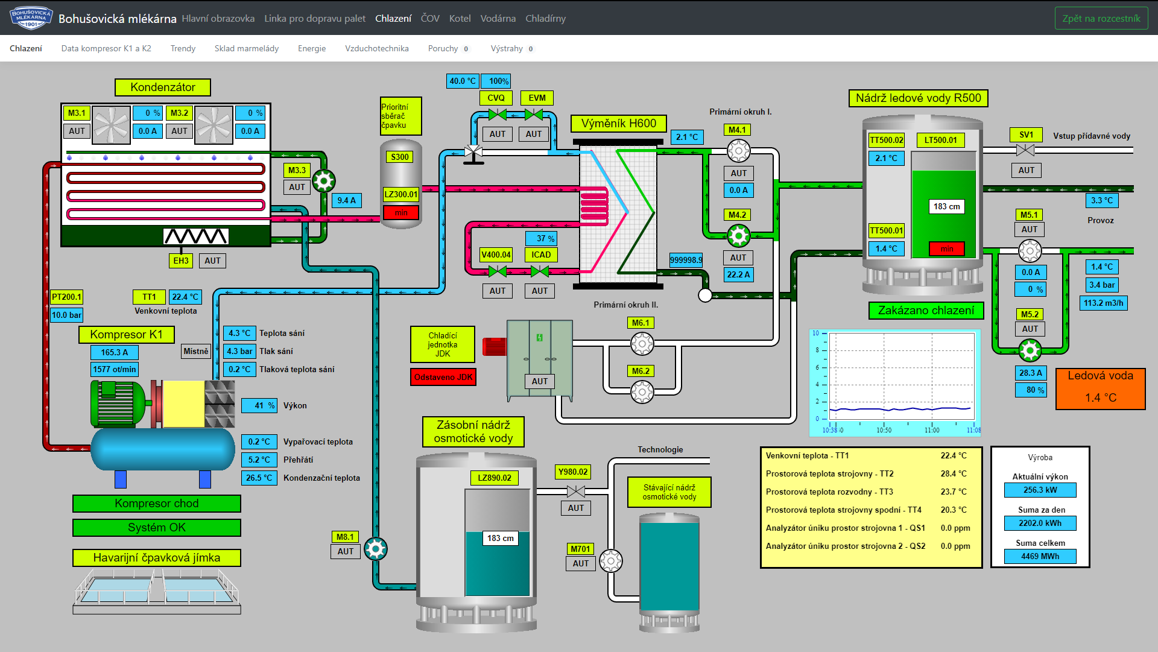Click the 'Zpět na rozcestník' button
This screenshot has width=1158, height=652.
tap(1101, 18)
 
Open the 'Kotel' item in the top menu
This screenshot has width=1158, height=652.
tap(460, 18)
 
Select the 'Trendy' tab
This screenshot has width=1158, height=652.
tap(183, 48)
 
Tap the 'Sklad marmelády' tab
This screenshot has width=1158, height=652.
tap(247, 48)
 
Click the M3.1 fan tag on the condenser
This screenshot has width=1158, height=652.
tap(77, 113)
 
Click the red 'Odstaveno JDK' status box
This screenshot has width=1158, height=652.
tap(443, 377)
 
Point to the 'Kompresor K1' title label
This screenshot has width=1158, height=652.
tap(127, 334)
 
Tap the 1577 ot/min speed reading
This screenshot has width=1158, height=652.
tap(115, 369)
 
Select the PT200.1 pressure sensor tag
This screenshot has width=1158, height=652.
tap(66, 297)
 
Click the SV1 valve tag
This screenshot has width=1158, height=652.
tap(1026, 135)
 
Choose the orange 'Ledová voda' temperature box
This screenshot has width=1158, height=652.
tap(1100, 388)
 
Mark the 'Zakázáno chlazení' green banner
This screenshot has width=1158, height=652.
tap(926, 311)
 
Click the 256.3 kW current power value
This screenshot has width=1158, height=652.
tap(1040, 490)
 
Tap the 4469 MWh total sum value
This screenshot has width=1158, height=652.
tap(1040, 556)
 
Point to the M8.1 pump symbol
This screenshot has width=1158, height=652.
tap(376, 549)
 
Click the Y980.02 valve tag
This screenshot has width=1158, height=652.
tap(572, 472)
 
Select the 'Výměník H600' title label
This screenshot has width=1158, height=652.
tap(619, 124)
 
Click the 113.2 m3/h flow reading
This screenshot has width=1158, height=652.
tap(1103, 303)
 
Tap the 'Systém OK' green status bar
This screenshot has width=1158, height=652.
tap(157, 528)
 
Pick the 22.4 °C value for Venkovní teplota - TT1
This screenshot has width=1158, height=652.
tap(954, 455)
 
